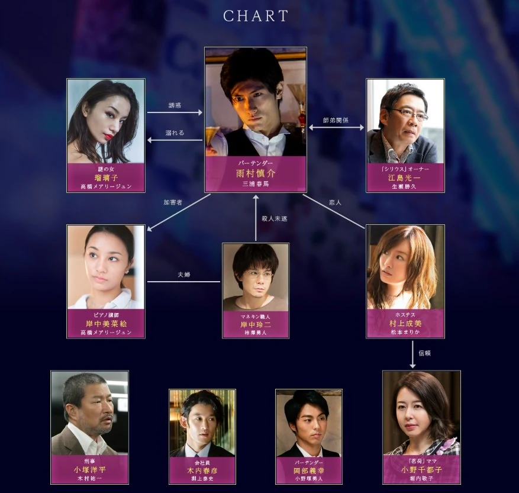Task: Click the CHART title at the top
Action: (x=256, y=16)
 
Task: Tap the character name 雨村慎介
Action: (x=256, y=173)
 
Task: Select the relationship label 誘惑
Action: (x=175, y=105)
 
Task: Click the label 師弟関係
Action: (x=336, y=120)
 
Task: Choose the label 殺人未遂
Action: (x=275, y=218)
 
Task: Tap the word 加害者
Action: (x=173, y=202)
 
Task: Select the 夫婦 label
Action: (x=184, y=275)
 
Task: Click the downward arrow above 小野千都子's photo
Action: (x=413, y=360)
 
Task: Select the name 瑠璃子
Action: (x=106, y=177)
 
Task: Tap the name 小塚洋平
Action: (x=90, y=470)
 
